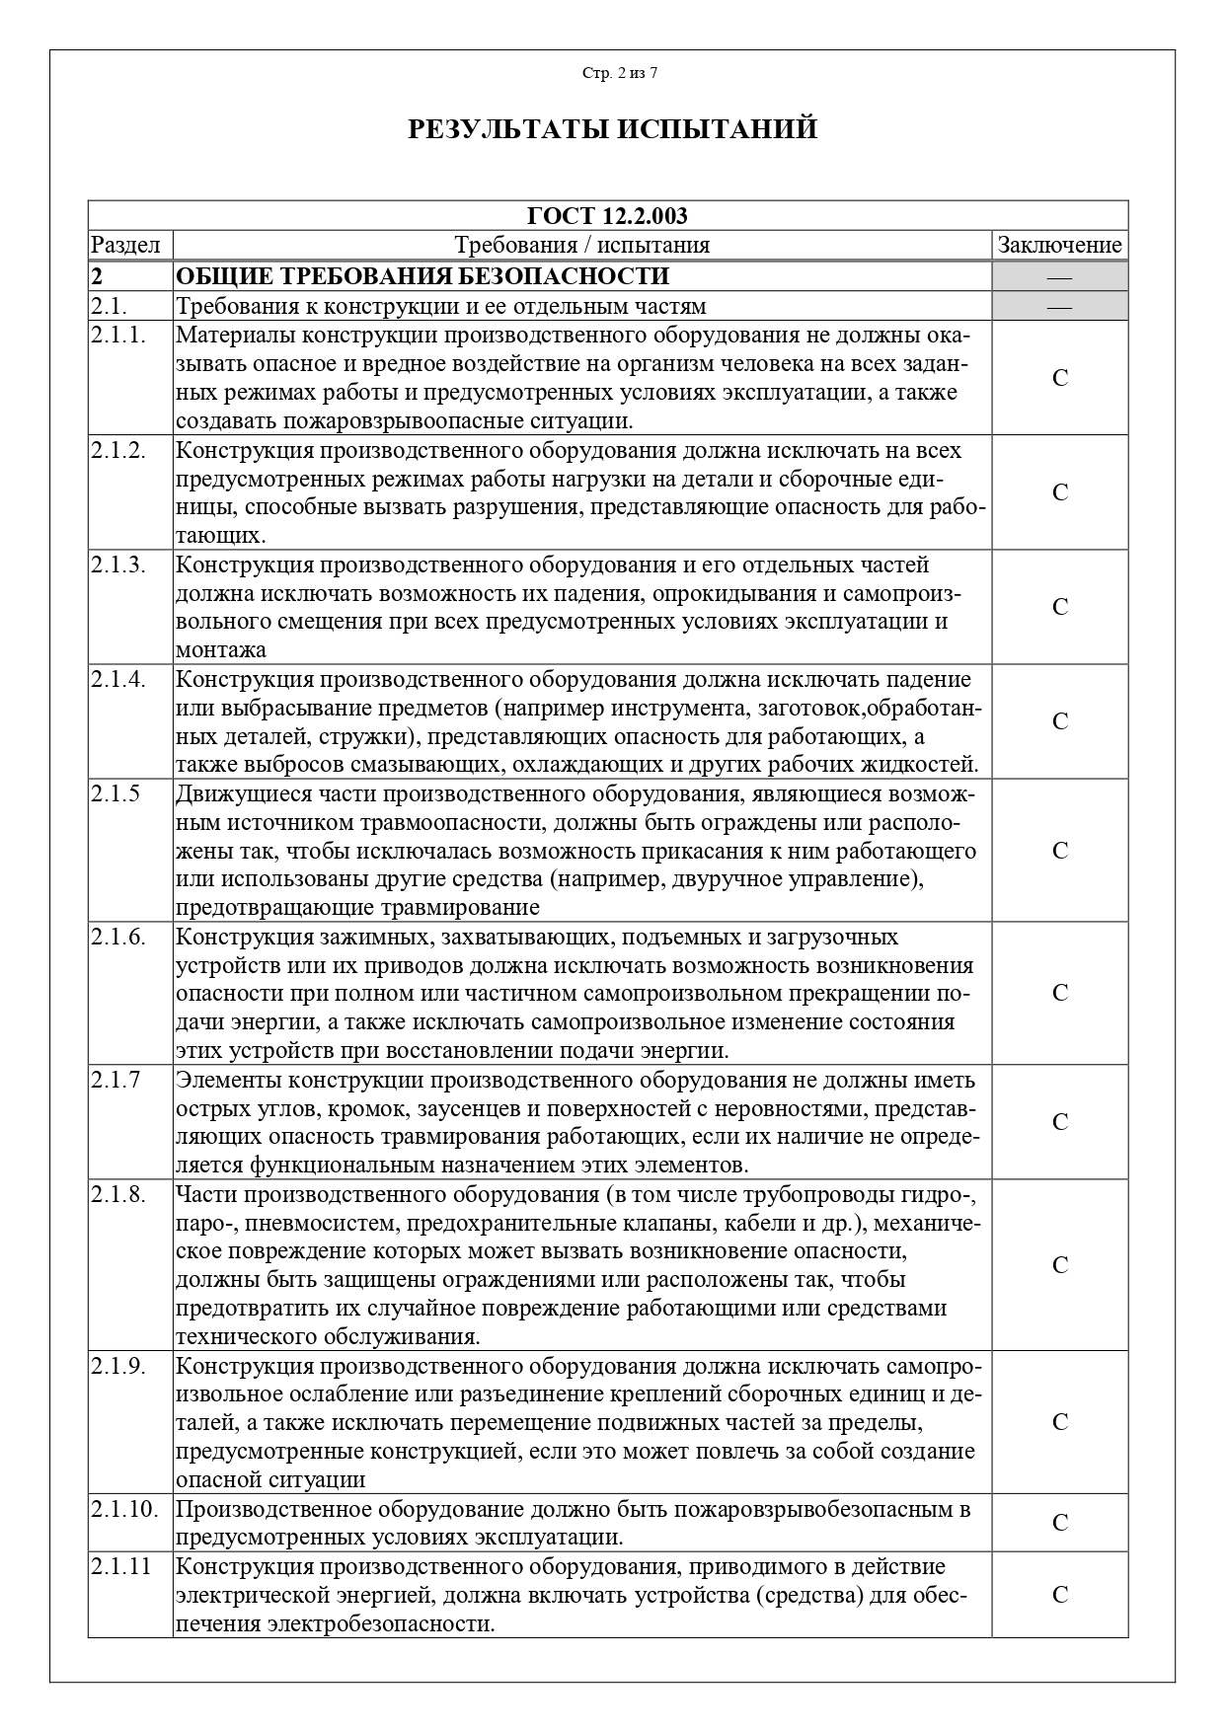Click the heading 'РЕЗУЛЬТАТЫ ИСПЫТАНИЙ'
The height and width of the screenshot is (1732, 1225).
pyautogui.click(x=612, y=129)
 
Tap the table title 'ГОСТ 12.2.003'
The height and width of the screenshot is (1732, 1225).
pyautogui.click(x=607, y=216)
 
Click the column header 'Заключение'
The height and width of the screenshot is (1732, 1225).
pyautogui.click(x=1059, y=245)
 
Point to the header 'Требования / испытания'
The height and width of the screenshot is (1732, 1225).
pyautogui.click(x=581, y=245)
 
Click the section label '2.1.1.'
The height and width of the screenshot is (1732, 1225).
pyautogui.click(x=118, y=336)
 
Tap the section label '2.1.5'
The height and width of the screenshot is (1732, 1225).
pyautogui.click(x=115, y=794)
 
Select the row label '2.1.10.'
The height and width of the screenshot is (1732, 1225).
pyautogui.click(x=124, y=1509)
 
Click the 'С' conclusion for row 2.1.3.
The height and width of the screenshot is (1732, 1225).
pyautogui.click(x=1059, y=607)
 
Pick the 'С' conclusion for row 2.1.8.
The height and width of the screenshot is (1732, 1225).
pyautogui.click(x=1059, y=1265)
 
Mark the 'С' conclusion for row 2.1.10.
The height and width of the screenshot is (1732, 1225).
pyautogui.click(x=1059, y=1523)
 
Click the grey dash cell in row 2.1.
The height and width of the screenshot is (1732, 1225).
pyautogui.click(x=1059, y=306)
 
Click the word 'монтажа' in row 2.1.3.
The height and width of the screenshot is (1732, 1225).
pyautogui.click(x=221, y=650)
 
